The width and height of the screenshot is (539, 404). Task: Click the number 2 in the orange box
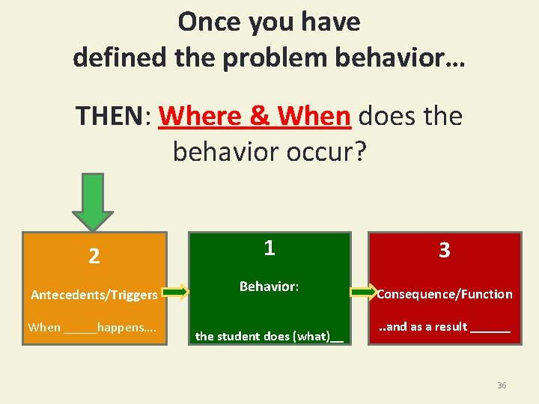point(94,257)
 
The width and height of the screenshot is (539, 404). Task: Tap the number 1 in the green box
point(269,248)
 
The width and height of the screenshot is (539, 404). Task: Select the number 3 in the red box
point(444,251)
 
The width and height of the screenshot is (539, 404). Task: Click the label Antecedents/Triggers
point(94,295)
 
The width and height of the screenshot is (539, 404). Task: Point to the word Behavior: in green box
point(269,287)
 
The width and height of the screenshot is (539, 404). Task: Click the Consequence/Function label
point(445,294)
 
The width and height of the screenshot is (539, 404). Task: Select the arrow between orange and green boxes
point(177,293)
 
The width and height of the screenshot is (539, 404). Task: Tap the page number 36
point(502,385)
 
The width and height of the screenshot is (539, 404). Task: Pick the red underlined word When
point(314,117)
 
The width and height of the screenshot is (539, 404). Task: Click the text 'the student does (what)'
point(262,336)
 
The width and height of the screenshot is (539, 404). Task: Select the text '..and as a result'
point(422,326)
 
